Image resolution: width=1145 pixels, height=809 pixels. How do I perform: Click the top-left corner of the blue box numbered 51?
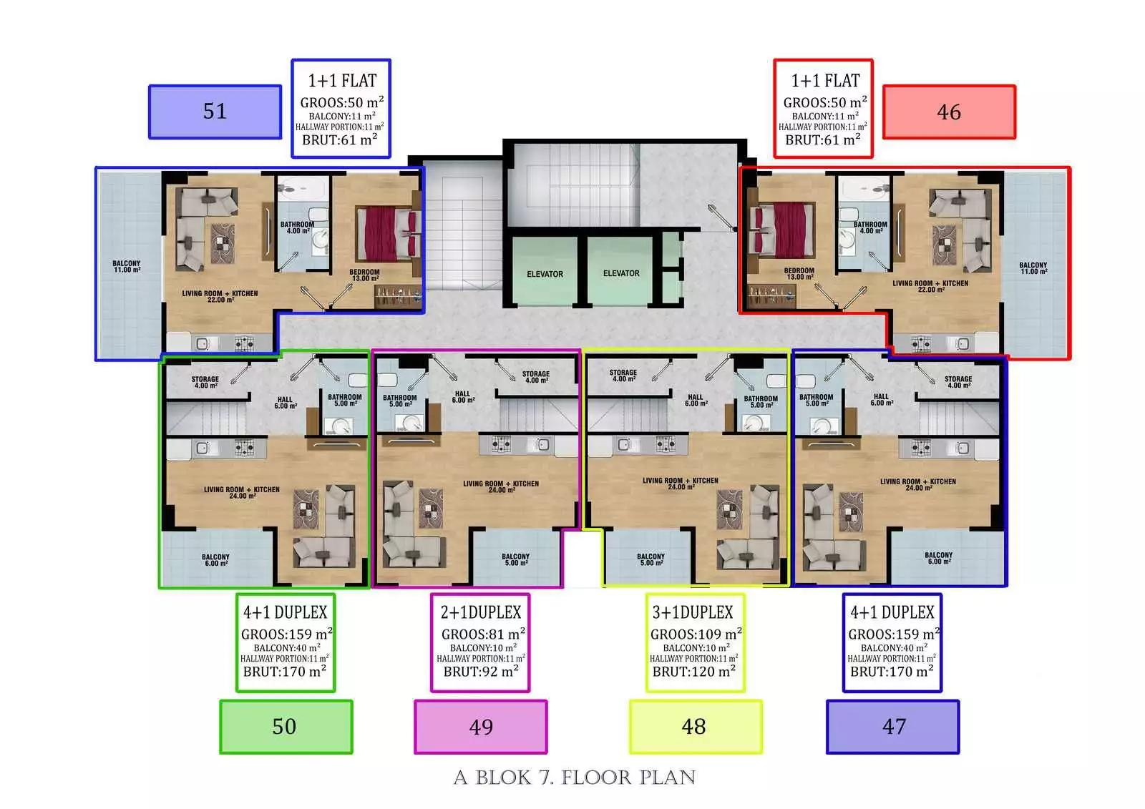point(149,85)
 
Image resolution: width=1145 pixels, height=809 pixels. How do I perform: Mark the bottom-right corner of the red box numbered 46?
point(1015,139)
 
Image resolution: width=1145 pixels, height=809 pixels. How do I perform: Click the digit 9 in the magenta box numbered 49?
point(487,727)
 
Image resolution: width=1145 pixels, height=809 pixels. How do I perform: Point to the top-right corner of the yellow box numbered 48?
point(762,701)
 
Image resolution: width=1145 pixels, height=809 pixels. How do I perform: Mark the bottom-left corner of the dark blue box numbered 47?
point(827,753)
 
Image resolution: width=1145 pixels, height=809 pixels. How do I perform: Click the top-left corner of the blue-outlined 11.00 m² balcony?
point(96,167)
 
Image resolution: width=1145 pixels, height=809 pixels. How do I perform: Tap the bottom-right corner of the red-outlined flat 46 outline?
point(1070,359)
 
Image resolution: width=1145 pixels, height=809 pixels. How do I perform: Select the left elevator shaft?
point(545,271)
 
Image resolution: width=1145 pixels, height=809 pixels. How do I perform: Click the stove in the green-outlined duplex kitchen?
point(244,448)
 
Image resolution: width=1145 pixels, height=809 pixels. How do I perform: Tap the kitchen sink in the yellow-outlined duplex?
point(623,445)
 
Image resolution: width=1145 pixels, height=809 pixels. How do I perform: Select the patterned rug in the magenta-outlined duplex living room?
point(431,508)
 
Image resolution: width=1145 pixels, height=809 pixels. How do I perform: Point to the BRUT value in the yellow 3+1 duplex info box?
point(693,671)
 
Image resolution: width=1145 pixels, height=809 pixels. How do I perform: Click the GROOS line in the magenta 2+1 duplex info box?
point(483,634)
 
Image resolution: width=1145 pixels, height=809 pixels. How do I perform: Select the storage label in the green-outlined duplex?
point(205,382)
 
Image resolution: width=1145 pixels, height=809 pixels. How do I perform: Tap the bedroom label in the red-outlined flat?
point(799,274)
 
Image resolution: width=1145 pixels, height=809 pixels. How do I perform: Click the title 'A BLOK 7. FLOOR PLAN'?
point(575,778)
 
